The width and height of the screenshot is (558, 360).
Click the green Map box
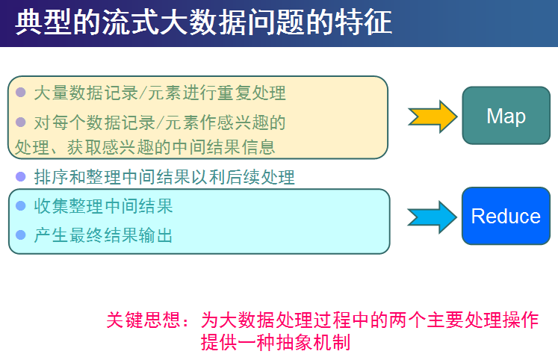(506, 116)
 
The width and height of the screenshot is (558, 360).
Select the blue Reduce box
(506, 217)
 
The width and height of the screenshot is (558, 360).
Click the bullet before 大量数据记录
(21, 93)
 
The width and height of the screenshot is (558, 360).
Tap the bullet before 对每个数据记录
(21, 121)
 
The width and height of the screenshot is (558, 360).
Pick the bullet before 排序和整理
(21, 177)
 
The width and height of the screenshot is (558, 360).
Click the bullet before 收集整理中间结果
(21, 205)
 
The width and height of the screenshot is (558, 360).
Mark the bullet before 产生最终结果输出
(21, 236)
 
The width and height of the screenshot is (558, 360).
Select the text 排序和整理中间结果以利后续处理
(164, 177)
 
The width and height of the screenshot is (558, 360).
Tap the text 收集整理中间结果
(103, 205)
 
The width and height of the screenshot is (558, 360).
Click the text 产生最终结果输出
(103, 236)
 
